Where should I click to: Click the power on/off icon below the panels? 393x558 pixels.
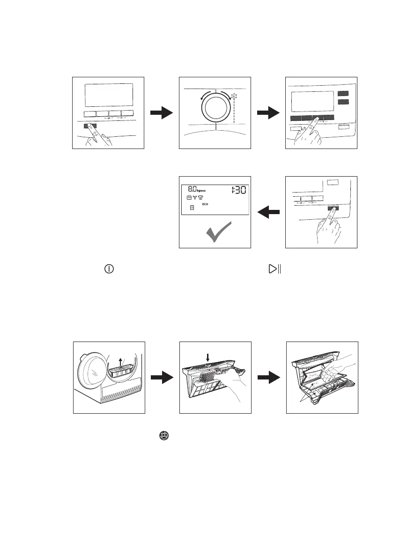click(x=109, y=269)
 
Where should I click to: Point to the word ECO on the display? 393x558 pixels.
click(x=205, y=204)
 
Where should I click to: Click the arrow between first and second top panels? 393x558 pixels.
click(x=162, y=113)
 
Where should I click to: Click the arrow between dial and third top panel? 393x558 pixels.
click(x=268, y=113)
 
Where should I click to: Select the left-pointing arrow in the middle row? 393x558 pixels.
click(x=268, y=212)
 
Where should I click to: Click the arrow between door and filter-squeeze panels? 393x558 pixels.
click(x=162, y=377)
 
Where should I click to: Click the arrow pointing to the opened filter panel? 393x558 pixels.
click(x=268, y=377)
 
